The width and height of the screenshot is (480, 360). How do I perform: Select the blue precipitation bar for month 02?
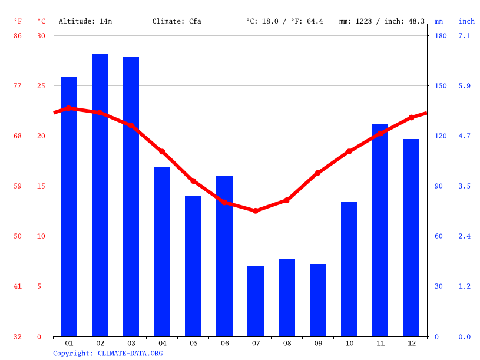[x=100, y=194]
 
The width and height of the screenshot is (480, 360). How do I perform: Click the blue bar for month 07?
[x=256, y=300]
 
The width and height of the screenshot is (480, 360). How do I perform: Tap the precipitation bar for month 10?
[x=349, y=269]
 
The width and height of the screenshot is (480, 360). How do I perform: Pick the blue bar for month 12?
[x=411, y=237]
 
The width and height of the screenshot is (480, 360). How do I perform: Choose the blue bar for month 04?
[x=162, y=252]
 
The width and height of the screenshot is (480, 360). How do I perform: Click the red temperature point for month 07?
[x=256, y=210]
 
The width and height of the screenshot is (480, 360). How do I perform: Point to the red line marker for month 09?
[x=318, y=173]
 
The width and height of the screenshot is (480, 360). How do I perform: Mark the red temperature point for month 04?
[x=162, y=151]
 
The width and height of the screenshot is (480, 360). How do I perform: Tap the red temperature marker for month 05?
[x=193, y=181]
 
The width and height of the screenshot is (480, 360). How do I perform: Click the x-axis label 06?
[x=224, y=343]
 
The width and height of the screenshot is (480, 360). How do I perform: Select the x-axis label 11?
[x=380, y=343]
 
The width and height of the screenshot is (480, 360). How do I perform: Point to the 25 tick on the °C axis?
[x=41, y=86]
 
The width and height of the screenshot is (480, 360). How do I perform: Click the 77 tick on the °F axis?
[x=18, y=86]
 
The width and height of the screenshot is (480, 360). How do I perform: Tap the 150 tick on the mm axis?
[x=441, y=86]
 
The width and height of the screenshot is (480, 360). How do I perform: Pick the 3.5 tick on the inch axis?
[x=465, y=186]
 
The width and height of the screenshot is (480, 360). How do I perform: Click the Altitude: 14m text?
[x=85, y=21]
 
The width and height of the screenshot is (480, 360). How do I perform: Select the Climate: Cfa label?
[x=177, y=21]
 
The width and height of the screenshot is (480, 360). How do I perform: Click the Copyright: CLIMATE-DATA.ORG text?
[x=108, y=353]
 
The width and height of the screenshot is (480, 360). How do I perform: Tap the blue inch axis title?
[x=466, y=21]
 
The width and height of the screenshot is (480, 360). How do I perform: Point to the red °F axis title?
[x=18, y=21]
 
